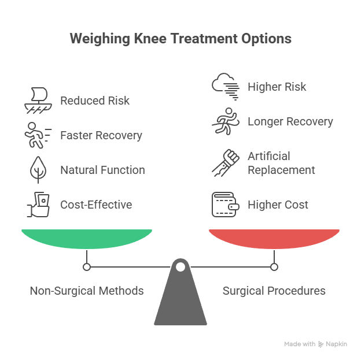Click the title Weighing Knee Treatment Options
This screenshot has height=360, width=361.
coord(181,39)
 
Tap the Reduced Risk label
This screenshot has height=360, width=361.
coord(95,101)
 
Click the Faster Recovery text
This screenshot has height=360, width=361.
coord(101,136)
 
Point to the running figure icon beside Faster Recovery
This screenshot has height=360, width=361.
coord(36,136)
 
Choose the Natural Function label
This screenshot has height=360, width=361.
coord(102,170)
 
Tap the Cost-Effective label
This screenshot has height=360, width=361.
coord(96,205)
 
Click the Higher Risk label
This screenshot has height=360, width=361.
coord(277,87)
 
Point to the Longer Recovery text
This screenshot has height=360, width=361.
coord(290,121)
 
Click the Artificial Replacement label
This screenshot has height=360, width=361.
coord(281,163)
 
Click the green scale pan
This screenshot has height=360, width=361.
coord(87,238)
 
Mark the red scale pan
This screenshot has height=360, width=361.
coord(274,238)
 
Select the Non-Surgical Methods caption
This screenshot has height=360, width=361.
coord(87,291)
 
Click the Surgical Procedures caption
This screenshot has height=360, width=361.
coord(274,291)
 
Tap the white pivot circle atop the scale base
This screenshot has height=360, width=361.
coord(181,267)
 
